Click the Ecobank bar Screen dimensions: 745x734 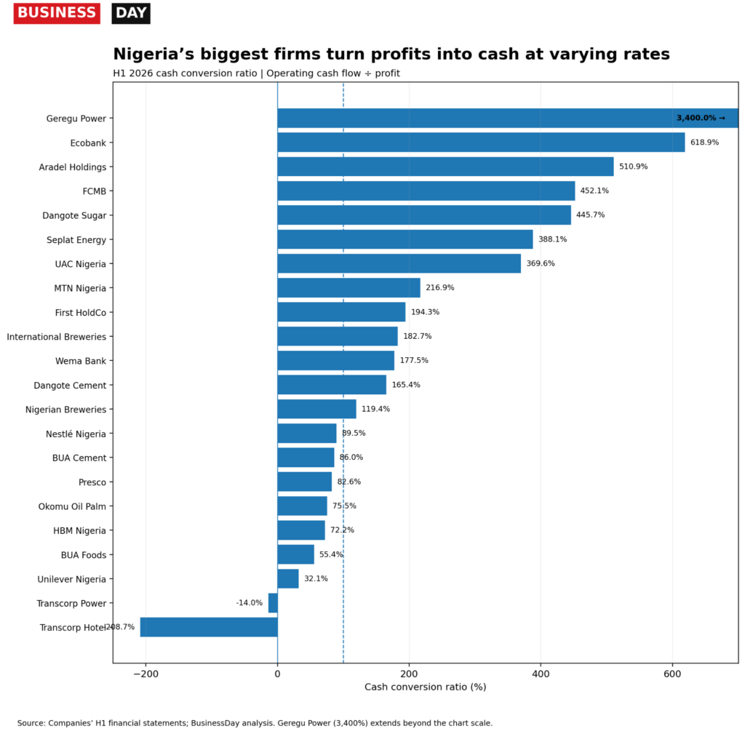coord(481,143)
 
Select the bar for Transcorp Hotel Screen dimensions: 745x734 coord(209,627)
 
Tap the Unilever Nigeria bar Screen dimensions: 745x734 coord(288,578)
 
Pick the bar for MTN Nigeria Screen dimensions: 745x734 coord(348,288)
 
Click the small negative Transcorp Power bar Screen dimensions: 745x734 coord(273,603)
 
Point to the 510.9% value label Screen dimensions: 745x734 coord(634,167)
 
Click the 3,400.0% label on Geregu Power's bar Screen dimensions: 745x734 coord(701,118)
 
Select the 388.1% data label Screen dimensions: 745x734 coord(553,239)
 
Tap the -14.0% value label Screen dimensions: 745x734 coord(250,603)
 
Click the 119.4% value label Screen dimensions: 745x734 coord(376,409)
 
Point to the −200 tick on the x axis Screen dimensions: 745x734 coord(146,674)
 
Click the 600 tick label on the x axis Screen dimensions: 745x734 coord(672,674)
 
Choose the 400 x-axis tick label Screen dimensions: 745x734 coord(541,674)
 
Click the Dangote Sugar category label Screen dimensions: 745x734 coord(74,215)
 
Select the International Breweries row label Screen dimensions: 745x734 coord(57,337)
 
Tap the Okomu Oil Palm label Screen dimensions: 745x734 coord(72,506)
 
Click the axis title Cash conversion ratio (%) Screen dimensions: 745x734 coord(425,687)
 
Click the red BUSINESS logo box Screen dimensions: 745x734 coord(57,13)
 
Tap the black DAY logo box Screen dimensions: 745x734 coord(131,13)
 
